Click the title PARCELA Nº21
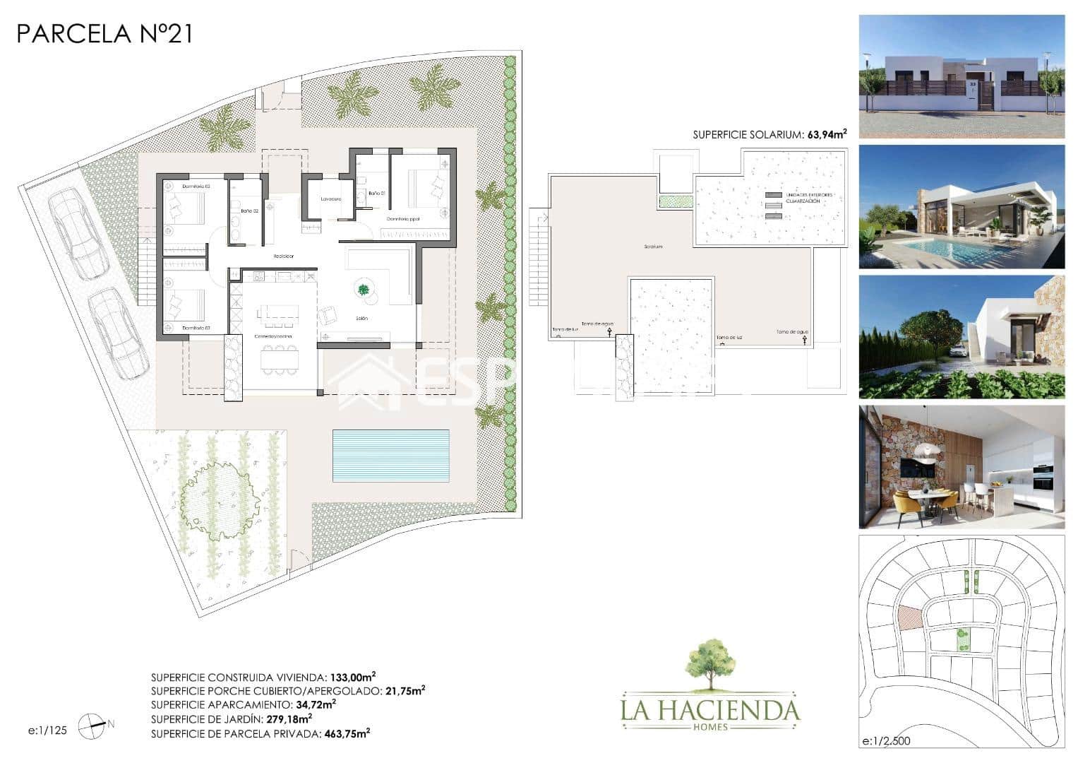click(104, 33)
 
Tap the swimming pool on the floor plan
click(391, 455)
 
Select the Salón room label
click(362, 319)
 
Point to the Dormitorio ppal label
click(402, 219)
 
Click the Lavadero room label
click(331, 199)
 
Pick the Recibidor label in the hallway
click(284, 256)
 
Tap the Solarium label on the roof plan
click(653, 247)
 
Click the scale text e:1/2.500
click(886, 741)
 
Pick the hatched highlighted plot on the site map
click(909, 617)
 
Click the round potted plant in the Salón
click(364, 289)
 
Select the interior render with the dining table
click(962, 467)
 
